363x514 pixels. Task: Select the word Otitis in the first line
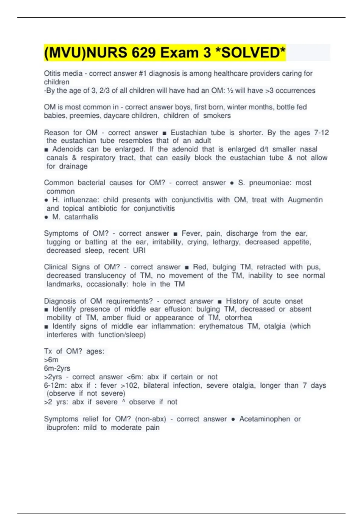52,73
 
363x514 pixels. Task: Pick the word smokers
217,115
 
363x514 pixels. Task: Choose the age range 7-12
321,132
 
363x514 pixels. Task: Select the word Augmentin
305,200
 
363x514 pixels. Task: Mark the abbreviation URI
139,250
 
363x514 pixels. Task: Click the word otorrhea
238,317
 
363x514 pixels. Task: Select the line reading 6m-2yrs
57,368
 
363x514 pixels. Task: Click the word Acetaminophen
265,419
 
